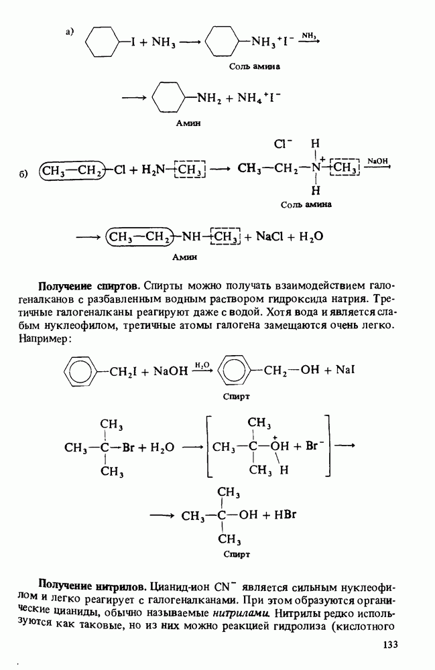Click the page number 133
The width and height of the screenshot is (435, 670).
[x=389, y=645]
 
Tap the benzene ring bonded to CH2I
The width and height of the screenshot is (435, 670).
[x=80, y=371]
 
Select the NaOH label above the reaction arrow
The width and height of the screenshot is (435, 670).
[x=377, y=161]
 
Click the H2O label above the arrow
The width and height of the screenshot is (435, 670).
[x=202, y=364]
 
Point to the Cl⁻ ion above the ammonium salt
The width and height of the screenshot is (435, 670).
[x=283, y=145]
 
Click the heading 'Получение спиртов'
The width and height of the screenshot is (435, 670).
[x=89, y=286]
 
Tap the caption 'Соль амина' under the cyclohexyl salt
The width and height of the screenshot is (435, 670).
[x=255, y=66]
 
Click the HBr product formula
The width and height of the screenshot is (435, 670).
[x=285, y=515]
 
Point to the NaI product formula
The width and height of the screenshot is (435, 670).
[x=345, y=370]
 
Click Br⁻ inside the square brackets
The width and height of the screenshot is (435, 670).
[x=315, y=446]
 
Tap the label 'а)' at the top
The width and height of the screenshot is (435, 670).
[x=70, y=31]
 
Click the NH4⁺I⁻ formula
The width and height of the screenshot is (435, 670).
[x=259, y=98]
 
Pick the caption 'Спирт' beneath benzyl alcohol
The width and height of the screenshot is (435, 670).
[x=237, y=397]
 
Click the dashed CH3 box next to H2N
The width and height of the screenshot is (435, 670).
[x=190, y=170]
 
